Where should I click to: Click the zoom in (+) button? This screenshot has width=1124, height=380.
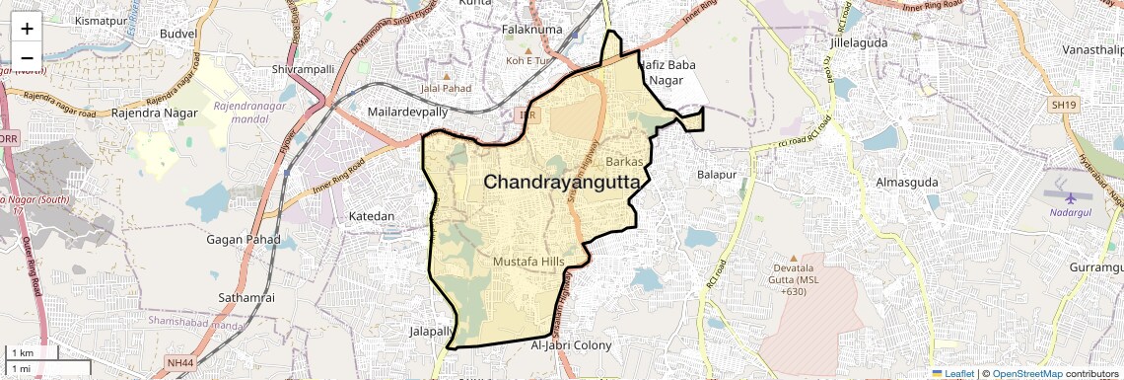click(27, 29)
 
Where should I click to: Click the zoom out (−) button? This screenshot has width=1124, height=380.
click(27, 56)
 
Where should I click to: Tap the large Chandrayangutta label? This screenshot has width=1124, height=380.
click(561, 183)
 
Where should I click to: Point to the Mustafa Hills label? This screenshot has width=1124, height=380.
click(532, 263)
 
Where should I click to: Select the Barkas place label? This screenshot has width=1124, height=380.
click(624, 160)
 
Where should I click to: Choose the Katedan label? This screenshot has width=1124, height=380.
click(372, 215)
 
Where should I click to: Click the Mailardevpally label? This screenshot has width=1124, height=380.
click(406, 113)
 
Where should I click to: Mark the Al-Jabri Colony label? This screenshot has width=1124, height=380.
click(571, 345)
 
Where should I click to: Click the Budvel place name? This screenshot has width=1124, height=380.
click(178, 33)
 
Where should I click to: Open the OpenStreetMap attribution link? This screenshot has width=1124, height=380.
click(1027, 374)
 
